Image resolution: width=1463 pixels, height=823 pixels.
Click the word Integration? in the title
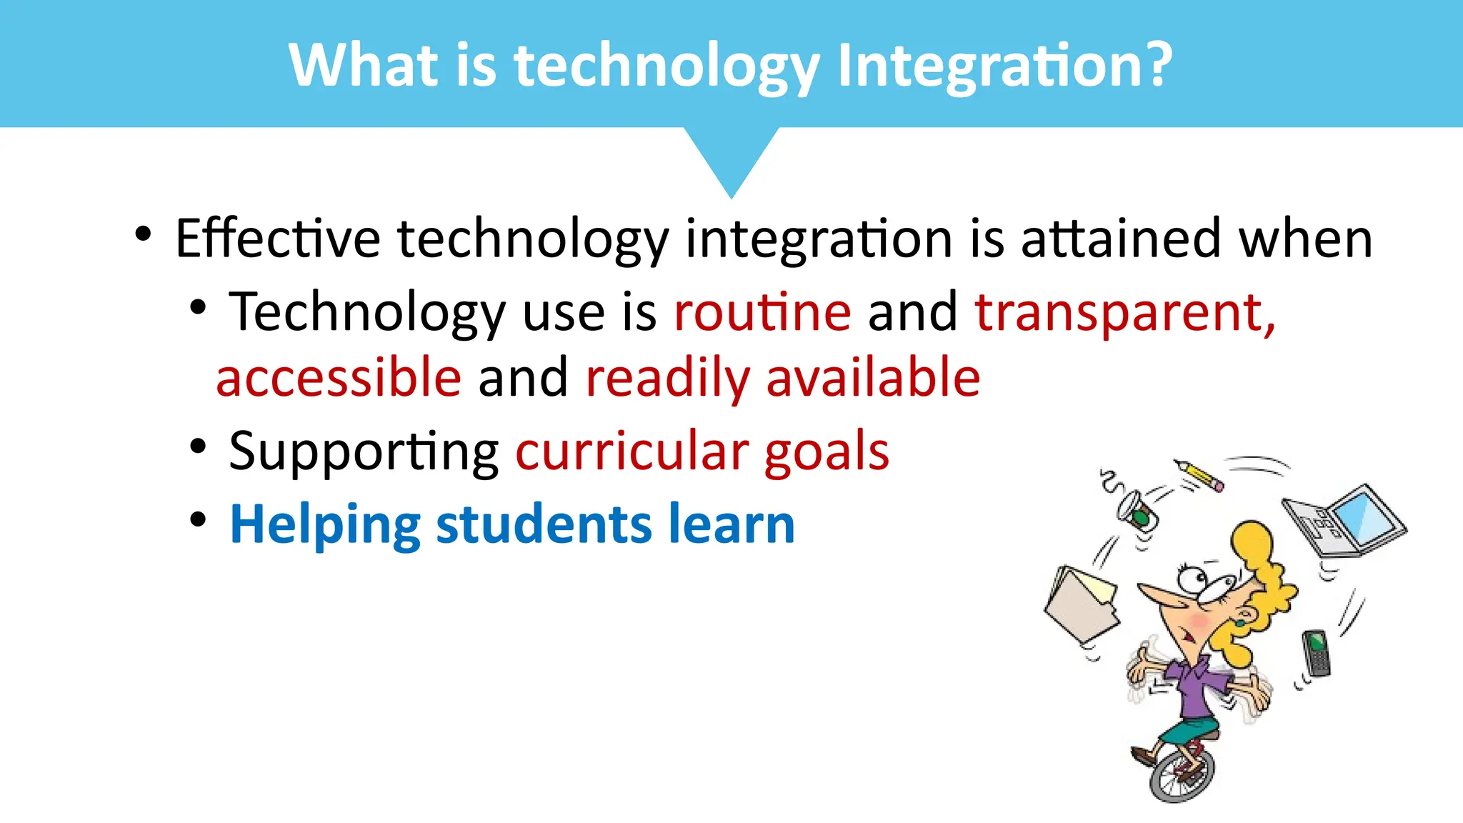[1004, 66]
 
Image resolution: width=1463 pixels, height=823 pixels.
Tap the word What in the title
[363, 66]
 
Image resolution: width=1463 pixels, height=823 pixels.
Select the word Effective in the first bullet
[277, 239]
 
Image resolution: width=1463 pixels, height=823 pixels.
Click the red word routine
[762, 313]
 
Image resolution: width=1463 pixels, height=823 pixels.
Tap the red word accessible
[339, 378]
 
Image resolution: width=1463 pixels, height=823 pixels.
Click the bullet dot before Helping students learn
[198, 519]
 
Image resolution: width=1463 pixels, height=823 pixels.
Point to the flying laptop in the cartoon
[1343, 520]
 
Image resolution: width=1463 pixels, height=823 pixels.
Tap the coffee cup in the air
[1137, 510]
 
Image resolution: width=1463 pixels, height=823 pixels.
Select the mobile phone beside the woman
[1316, 652]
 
